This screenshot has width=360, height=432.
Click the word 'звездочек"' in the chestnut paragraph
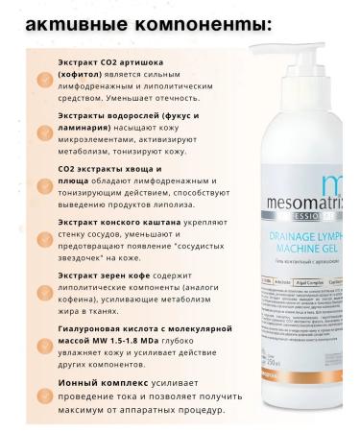(88, 274)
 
